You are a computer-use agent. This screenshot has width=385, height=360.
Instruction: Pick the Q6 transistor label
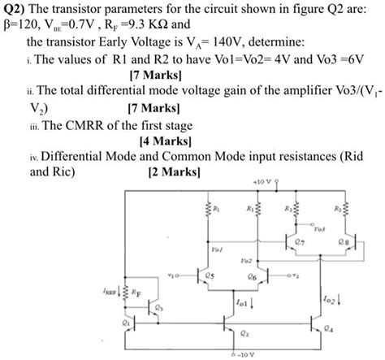click(253, 277)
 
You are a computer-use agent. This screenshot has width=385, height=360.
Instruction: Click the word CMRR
click(96, 127)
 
